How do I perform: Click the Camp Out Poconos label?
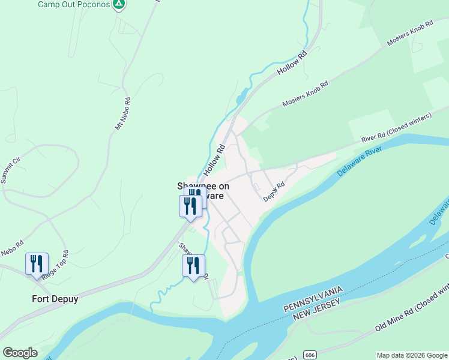coord(74,4)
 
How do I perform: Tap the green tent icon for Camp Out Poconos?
coord(119,4)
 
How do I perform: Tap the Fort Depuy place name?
coord(55,299)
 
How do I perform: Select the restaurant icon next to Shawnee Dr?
coord(193,265)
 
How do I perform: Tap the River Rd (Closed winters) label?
coord(396,128)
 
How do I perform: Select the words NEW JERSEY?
coord(318,310)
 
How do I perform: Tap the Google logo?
coord(20,353)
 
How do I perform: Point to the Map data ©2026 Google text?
coord(411,355)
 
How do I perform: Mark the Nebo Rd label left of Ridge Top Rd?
coord(11,247)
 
